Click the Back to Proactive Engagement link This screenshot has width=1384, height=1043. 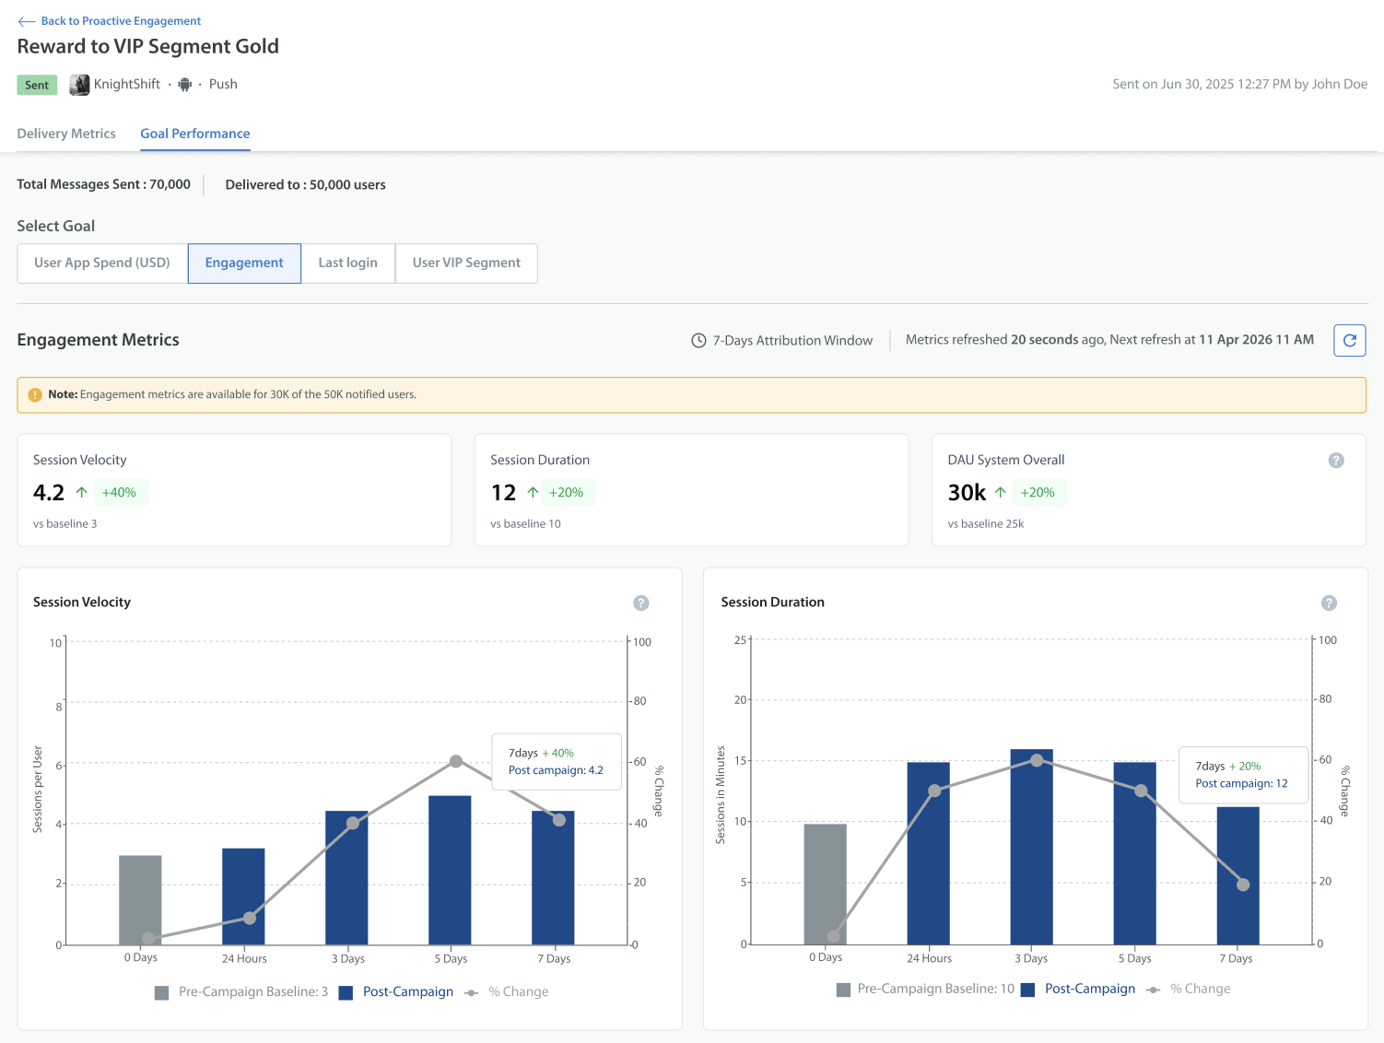pos(109,21)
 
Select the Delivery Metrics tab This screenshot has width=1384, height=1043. pos(66,134)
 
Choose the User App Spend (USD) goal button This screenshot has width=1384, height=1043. pos(102,263)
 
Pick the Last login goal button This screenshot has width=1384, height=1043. pos(348,263)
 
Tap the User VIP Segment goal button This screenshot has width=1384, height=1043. pos(466,263)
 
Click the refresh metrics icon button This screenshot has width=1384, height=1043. pos(1349,340)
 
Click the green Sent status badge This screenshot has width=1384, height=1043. pos(37,85)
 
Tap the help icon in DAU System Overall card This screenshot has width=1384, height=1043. pos(1335,461)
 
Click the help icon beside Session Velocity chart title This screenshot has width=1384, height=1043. pos(640,604)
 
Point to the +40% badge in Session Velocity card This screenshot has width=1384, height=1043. pos(119,492)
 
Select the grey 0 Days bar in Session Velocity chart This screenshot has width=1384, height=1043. pos(140,899)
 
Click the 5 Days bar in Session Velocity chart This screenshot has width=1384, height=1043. pos(450,870)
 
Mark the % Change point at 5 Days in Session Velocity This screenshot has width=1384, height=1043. pos(456,761)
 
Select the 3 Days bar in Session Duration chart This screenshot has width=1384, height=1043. pos(1031,847)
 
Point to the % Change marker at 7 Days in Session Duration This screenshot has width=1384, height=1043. pos(1243,885)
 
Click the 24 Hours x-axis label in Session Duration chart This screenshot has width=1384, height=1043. pos(929,958)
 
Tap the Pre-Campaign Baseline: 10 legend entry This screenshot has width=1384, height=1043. pos(925,989)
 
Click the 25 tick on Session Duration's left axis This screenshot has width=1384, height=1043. pos(740,640)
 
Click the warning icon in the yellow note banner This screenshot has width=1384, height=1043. pos(35,395)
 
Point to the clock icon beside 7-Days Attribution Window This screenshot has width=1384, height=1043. pos(698,340)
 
